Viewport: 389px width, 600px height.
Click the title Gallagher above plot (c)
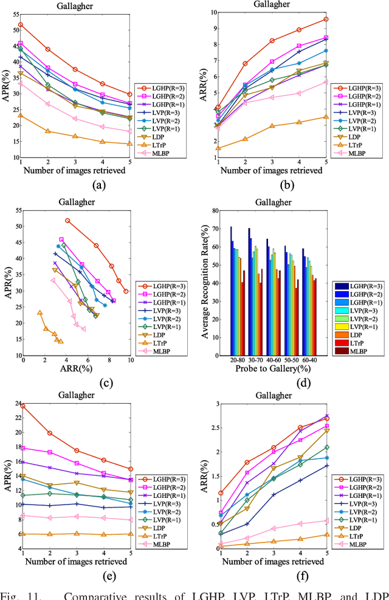75,202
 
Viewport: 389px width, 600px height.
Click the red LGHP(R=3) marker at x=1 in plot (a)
21,25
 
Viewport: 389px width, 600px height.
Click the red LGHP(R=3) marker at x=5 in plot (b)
326,19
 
